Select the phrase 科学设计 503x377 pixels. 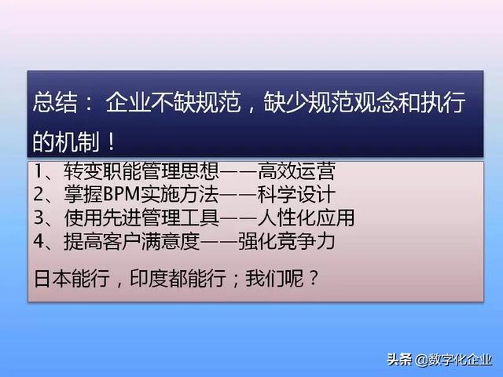pos(302,193)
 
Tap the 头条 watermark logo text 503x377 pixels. pos(398,360)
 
